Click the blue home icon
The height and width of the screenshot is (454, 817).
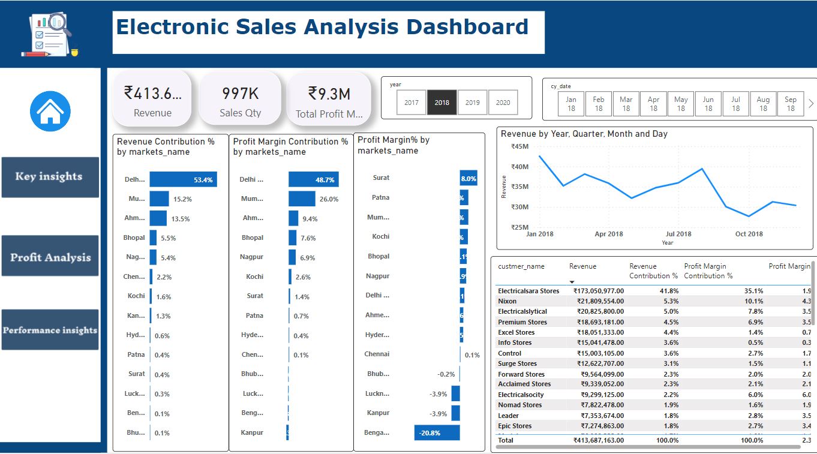coord(50,112)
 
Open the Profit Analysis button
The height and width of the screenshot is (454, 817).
coord(50,257)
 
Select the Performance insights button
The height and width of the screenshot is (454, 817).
coord(50,330)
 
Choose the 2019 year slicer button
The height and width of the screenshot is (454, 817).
coord(473,103)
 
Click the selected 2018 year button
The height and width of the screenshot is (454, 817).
coord(442,103)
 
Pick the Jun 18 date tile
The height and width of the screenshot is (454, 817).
coord(708,104)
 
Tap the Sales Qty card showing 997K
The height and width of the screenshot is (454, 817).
coord(240,100)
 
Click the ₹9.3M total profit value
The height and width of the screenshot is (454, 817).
coord(329,94)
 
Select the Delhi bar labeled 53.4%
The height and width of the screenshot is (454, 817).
coord(183,179)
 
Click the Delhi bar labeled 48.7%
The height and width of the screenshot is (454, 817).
coord(313,179)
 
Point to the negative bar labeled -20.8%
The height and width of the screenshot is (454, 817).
coord(437,432)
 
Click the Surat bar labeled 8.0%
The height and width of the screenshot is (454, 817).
coord(468,178)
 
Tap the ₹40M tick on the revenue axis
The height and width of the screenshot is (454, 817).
coord(519,167)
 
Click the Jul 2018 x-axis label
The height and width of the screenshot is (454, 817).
coord(678,234)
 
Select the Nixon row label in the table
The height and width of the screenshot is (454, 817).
coord(507,301)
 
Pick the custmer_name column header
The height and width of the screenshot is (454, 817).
coord(521,266)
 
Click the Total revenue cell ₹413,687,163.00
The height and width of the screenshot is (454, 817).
coord(598,440)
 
